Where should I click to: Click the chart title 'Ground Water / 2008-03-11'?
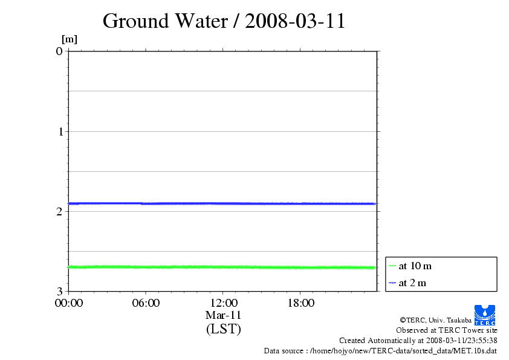224,21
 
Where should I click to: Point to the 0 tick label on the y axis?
59,51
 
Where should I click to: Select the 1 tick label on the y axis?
59,131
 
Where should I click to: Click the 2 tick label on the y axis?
59,211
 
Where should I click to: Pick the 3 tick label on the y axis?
59,291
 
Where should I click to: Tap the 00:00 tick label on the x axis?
68,303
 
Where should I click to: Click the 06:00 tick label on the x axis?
146,303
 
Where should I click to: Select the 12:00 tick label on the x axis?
223,303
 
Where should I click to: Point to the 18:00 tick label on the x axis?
300,303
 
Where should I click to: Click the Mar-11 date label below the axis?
223,315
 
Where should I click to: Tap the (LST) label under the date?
223,329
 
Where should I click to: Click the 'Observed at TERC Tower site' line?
446,330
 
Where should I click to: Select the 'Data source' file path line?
380,351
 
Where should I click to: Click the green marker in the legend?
392,266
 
